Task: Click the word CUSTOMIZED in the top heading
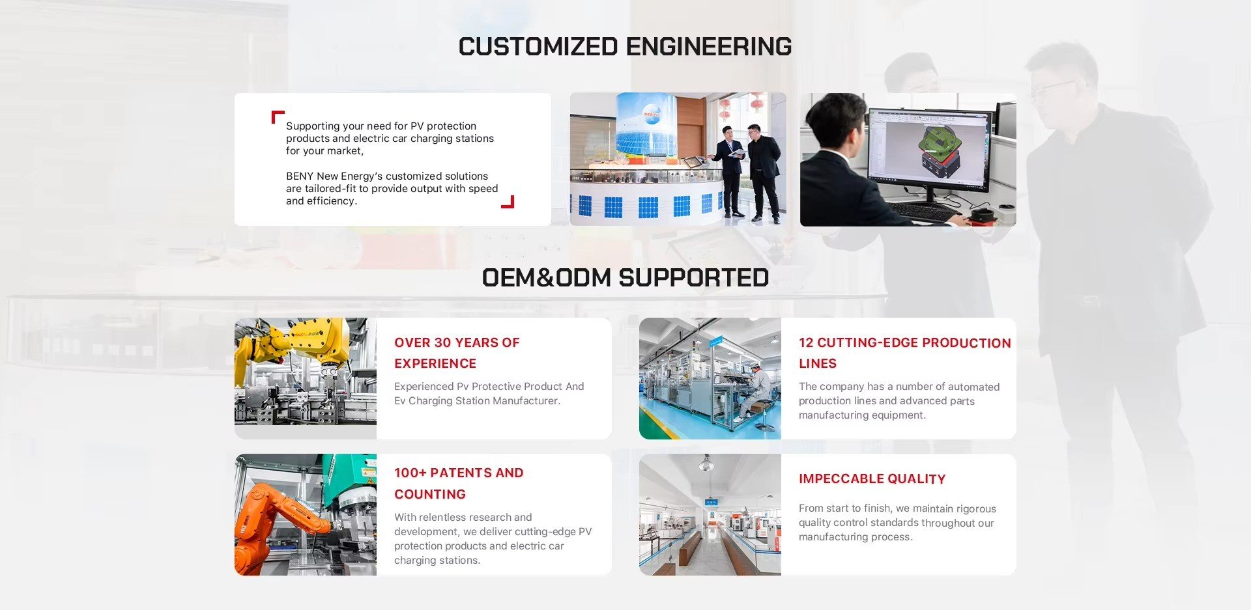[x=538, y=47]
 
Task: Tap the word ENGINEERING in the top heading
[x=709, y=47]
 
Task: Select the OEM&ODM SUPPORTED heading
[x=625, y=278]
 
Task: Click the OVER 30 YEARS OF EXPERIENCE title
[x=457, y=353]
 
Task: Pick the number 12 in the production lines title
[x=806, y=343]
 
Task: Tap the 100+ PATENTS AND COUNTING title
[x=459, y=483]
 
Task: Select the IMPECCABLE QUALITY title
[x=872, y=479]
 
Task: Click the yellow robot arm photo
[x=306, y=378]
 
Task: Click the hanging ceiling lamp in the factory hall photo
[x=706, y=463]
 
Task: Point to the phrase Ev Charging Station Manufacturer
[x=477, y=401]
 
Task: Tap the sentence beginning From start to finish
[x=897, y=523]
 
